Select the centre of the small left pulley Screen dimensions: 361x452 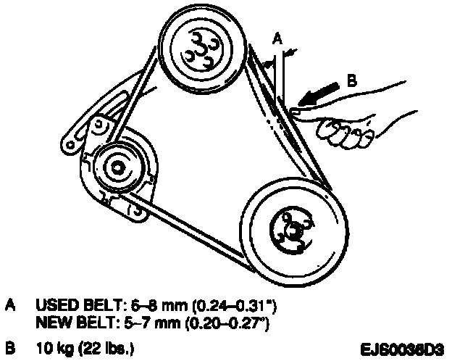114,167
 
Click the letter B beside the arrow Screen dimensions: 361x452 351,83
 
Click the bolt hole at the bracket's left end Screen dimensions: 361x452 72,146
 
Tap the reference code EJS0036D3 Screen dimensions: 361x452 403,346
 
